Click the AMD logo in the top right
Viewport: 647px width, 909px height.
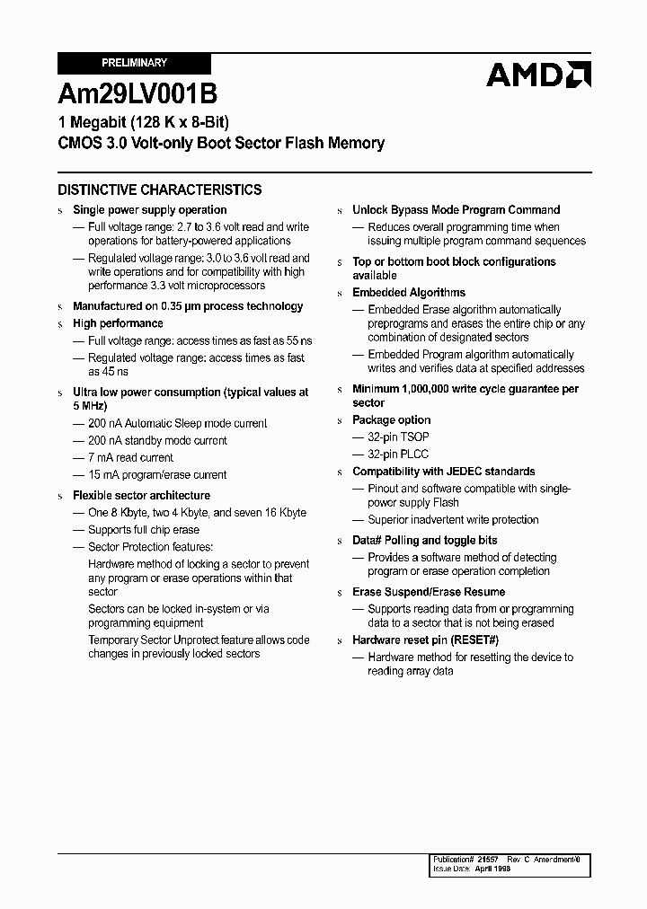[538, 74]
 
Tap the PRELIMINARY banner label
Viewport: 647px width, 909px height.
[134, 64]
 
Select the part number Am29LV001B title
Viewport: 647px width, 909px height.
[137, 93]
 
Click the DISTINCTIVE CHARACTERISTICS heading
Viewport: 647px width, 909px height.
[160, 190]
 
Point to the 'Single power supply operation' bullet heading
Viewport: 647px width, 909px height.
[149, 209]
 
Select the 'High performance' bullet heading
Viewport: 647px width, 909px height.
[118, 323]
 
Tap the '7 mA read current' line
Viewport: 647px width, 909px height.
[130, 457]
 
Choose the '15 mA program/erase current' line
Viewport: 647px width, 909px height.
[156, 474]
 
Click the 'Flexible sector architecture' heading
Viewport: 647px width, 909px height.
[141, 495]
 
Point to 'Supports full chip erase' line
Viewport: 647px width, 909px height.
[143, 530]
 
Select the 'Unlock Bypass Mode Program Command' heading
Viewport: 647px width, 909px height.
[456, 209]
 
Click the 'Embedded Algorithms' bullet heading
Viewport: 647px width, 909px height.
[409, 293]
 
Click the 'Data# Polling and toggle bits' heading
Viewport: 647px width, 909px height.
[424, 540]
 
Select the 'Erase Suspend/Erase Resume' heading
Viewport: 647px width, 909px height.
[429, 592]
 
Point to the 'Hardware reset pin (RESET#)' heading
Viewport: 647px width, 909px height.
[425, 640]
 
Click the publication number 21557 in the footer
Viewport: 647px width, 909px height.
[488, 860]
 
